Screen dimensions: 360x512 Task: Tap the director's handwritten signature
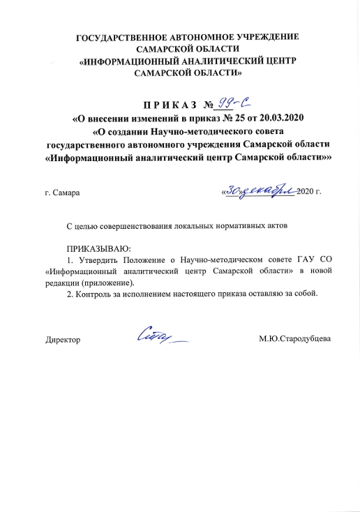coord(163,337)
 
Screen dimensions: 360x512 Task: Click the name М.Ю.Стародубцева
coord(294,340)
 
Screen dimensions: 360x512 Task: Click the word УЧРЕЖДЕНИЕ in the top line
coord(270,36)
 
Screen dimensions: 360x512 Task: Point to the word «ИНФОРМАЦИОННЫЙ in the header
coord(133,61)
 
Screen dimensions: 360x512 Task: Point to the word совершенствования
coord(141,227)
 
